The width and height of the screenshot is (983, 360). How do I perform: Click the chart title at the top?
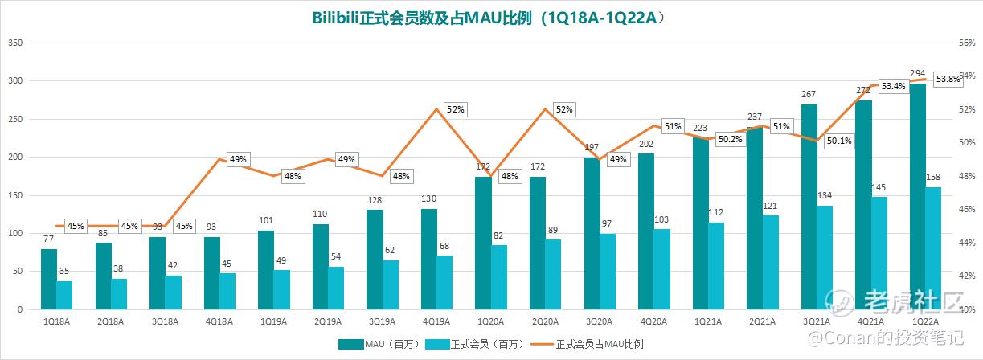491,17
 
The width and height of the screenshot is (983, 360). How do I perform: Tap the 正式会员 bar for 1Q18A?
64,295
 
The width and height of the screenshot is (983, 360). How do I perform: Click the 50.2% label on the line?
731,139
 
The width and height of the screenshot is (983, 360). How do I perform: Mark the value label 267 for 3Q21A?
809,95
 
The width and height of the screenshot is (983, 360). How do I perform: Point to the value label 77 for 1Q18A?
49,239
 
